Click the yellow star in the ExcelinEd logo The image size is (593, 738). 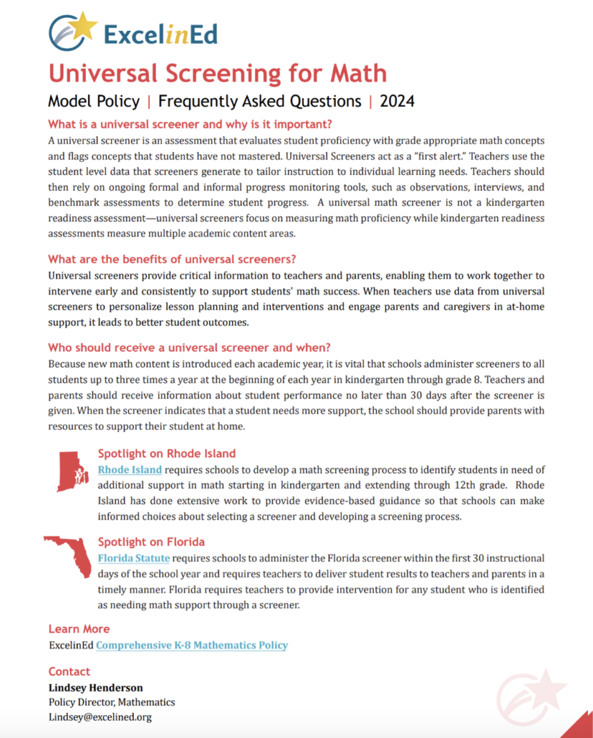pos(85,26)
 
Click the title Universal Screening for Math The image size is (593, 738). pos(217,73)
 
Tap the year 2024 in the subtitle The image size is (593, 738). pos(397,101)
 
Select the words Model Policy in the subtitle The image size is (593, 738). pos(94,101)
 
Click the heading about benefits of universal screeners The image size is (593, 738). pos(172,259)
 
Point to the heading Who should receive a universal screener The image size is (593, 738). pos(190,347)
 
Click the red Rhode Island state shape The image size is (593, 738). pos(71,471)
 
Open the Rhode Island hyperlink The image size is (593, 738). pos(130,470)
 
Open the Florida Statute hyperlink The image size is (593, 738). pos(134,558)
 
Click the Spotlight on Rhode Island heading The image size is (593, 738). pos(166,454)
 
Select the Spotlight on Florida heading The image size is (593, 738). pos(151,542)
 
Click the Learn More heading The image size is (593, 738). pos(79,628)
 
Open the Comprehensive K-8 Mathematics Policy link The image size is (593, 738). pos(192,645)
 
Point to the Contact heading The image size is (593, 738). pos(69,671)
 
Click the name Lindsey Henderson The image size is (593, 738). pos(96,687)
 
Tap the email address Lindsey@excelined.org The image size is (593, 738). pos(100,717)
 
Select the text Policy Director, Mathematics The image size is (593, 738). pos(112,702)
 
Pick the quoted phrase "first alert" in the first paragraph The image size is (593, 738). pos(453,154)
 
